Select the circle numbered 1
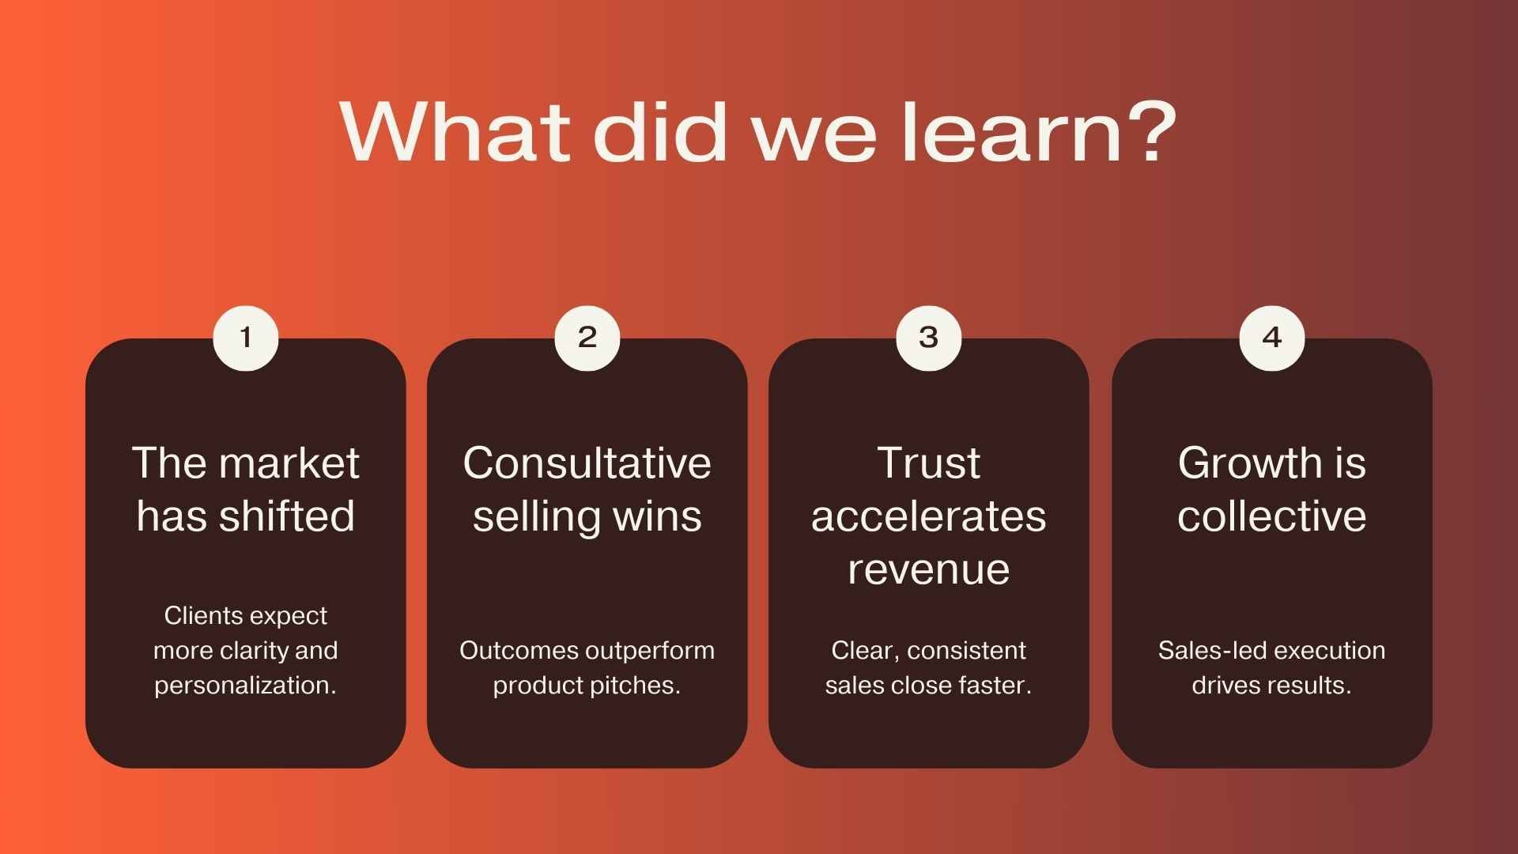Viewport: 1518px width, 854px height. [246, 338]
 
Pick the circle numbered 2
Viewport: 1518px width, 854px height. [587, 338]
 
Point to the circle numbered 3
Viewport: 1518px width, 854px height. [929, 338]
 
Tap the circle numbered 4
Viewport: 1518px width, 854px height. [1271, 338]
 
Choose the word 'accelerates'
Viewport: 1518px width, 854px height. [929, 517]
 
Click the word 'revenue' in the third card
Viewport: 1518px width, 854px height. [929, 569]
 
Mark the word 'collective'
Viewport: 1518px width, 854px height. [1271, 516]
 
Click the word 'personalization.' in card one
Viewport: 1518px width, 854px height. [245, 686]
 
